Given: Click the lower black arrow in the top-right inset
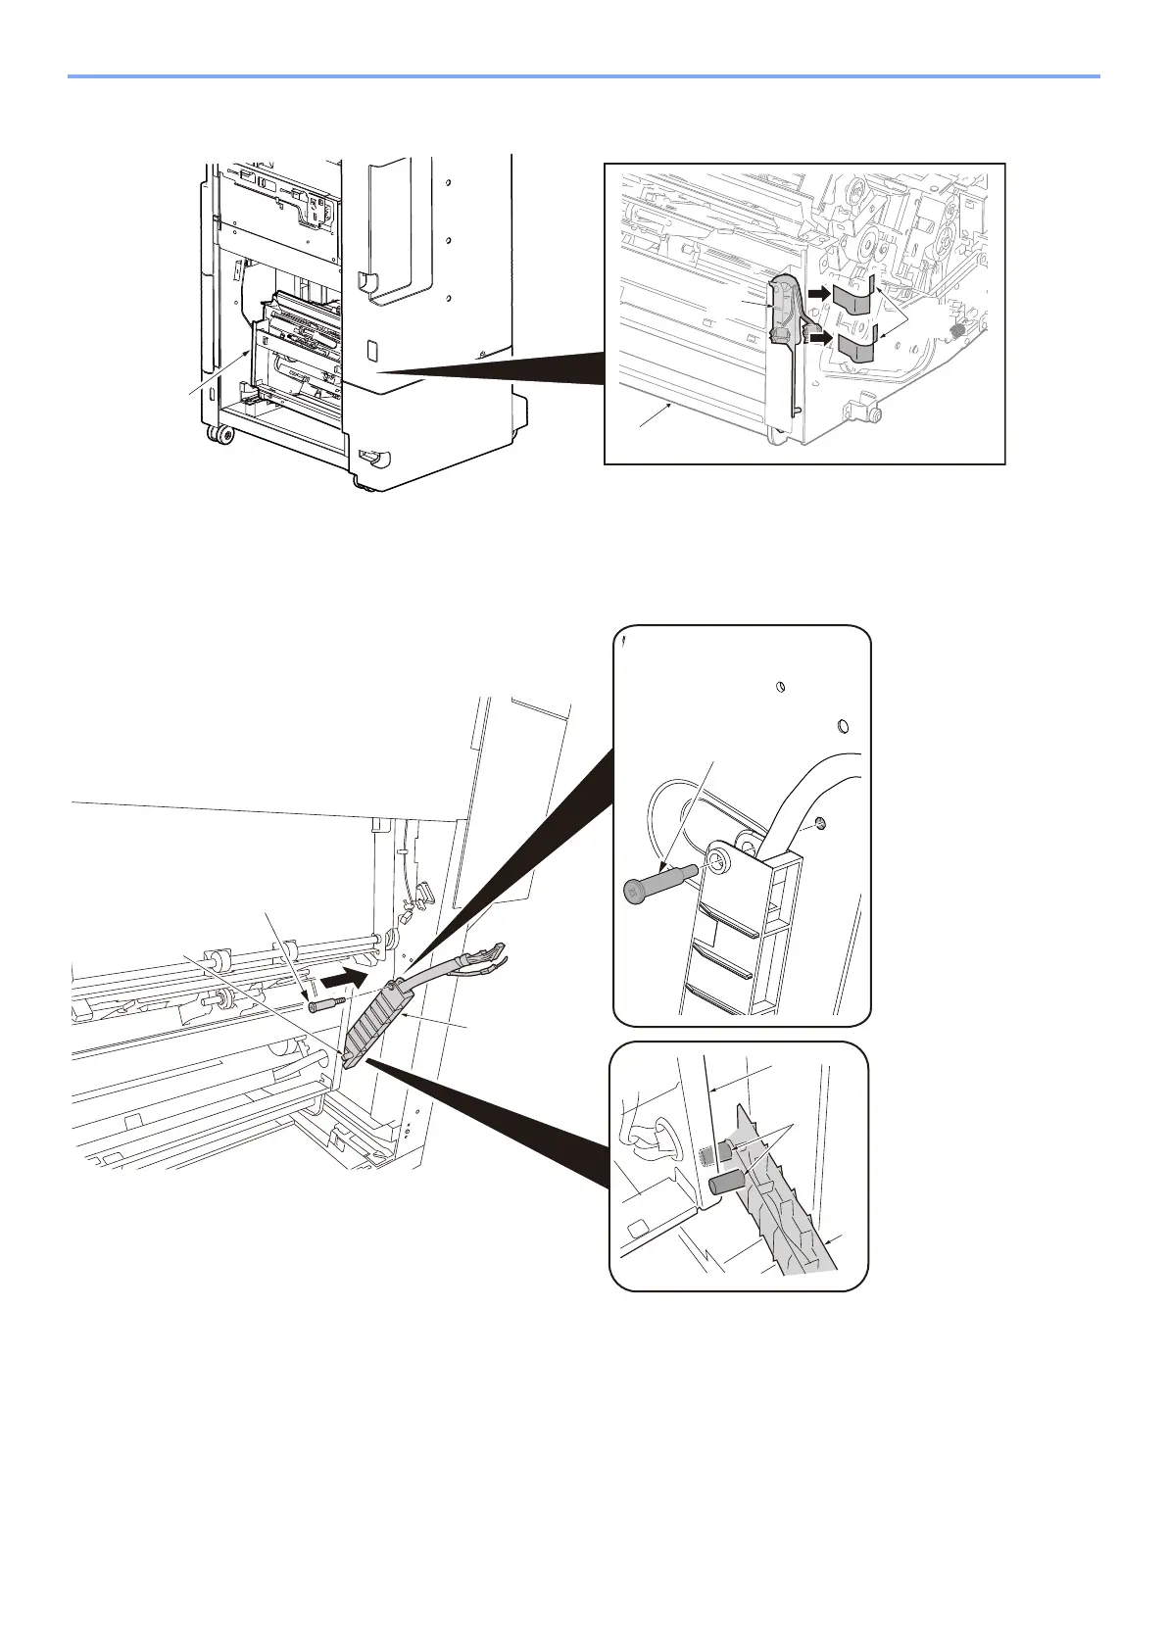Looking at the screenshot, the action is click(x=820, y=339).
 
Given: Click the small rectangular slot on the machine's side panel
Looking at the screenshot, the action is click(x=371, y=349).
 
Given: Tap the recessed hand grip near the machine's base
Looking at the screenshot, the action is click(x=371, y=456).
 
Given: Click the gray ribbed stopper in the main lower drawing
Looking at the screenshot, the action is click(x=377, y=1023).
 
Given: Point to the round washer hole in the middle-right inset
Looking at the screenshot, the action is click(x=717, y=862).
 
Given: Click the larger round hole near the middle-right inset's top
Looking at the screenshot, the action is click(x=843, y=728).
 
